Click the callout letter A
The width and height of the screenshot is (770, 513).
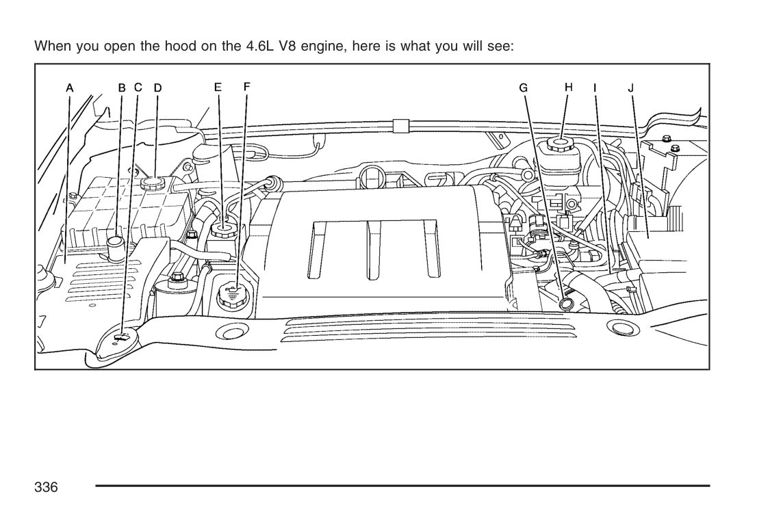coord(70,88)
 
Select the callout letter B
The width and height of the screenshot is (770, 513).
coord(122,88)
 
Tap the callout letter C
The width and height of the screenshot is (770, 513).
coord(138,88)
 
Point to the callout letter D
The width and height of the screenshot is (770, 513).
coord(157,88)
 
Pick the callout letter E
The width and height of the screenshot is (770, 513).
coord(218,87)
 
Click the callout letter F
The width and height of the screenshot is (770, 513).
coord(246,87)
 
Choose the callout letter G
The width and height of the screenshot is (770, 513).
coord(524,88)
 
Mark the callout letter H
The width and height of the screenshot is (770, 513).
coord(568,87)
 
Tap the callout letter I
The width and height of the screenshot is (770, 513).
coord(595,88)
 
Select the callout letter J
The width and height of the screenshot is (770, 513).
coord(630,88)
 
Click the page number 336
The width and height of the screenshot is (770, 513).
coord(47,487)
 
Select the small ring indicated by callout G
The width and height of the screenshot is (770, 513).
coord(566,304)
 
